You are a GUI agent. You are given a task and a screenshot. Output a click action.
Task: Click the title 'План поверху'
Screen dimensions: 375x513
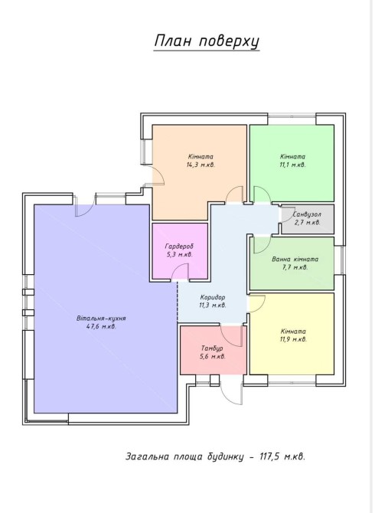click(x=207, y=41)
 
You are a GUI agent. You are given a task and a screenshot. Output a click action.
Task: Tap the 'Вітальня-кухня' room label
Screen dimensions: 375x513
click(x=101, y=319)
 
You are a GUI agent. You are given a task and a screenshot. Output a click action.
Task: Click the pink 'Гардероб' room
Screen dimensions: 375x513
click(x=180, y=250)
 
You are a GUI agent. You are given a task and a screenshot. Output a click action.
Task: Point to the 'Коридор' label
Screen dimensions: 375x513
click(x=213, y=297)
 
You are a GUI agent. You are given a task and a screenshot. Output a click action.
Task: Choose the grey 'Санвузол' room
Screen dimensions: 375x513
click(x=308, y=219)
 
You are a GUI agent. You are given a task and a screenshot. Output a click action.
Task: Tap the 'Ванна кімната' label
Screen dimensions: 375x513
click(x=295, y=259)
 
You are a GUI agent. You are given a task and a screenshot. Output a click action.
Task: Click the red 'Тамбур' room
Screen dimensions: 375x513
click(x=214, y=350)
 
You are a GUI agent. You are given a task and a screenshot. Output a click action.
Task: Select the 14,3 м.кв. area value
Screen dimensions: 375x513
click(x=201, y=165)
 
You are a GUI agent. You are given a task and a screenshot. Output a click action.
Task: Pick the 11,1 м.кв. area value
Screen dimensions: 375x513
click(x=293, y=165)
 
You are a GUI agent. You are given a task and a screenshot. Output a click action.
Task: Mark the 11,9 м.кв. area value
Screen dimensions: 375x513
click(x=293, y=339)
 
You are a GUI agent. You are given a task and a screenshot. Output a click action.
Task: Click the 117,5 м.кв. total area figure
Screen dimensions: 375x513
click(x=282, y=456)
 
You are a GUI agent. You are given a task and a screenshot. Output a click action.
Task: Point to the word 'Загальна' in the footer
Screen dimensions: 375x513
click(x=145, y=456)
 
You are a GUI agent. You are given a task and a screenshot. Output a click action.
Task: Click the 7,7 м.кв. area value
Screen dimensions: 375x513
click(x=295, y=267)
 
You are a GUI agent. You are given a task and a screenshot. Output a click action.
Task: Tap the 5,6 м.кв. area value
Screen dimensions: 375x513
click(x=213, y=356)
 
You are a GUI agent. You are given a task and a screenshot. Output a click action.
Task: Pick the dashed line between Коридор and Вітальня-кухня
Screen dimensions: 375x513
click(x=178, y=301)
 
